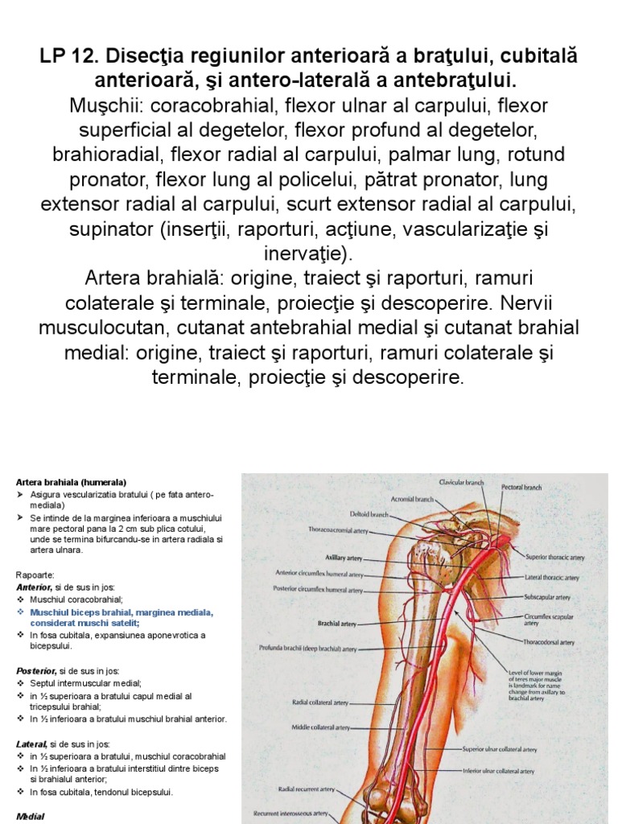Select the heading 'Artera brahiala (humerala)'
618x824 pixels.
pos(71,482)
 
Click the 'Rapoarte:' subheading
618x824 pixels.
pos(35,575)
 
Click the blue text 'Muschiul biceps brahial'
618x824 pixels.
pos(78,612)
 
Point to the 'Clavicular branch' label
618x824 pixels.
pos(461,483)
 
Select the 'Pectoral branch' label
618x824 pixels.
pos(521,488)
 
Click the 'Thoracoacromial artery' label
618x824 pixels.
pos(339,530)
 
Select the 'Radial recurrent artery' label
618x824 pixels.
pos(304,789)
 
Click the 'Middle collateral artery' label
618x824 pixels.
pos(320,727)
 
